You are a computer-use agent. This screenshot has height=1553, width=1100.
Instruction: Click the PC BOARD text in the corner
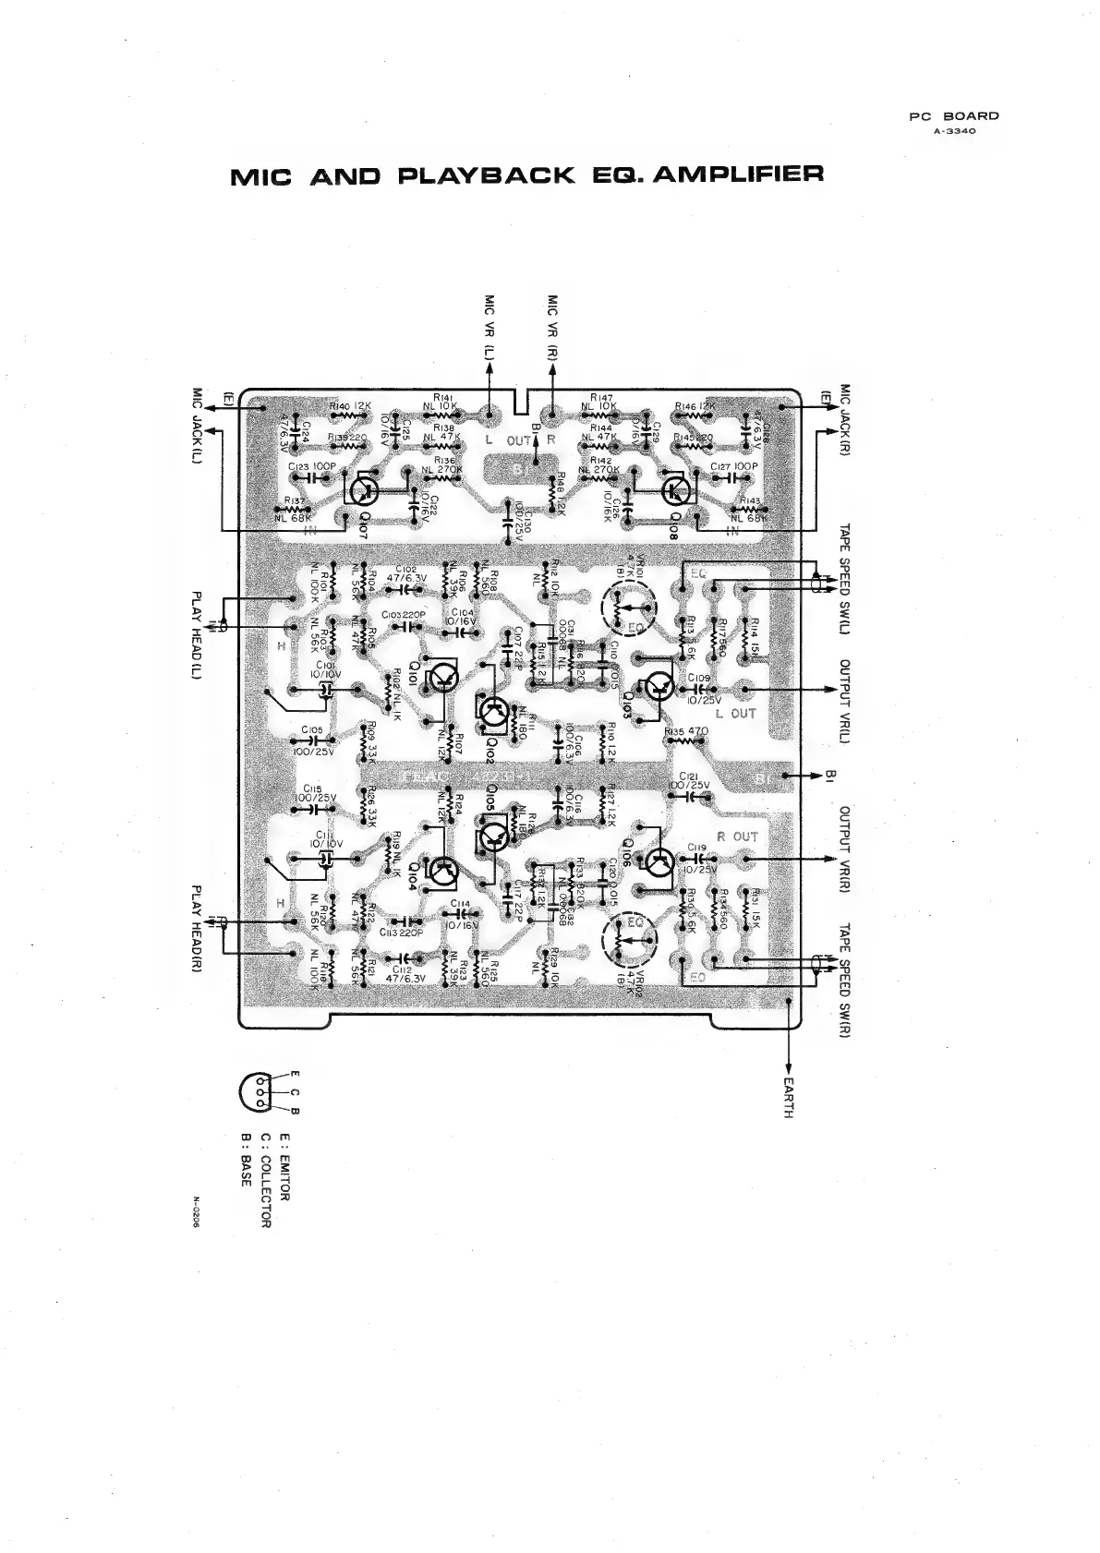954,116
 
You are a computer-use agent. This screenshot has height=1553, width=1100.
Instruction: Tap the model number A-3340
954,131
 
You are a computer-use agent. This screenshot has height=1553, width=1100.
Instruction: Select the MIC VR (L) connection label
490,328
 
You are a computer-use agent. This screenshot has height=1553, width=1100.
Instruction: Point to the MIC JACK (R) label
845,424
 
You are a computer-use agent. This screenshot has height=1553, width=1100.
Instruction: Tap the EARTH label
788,1097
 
